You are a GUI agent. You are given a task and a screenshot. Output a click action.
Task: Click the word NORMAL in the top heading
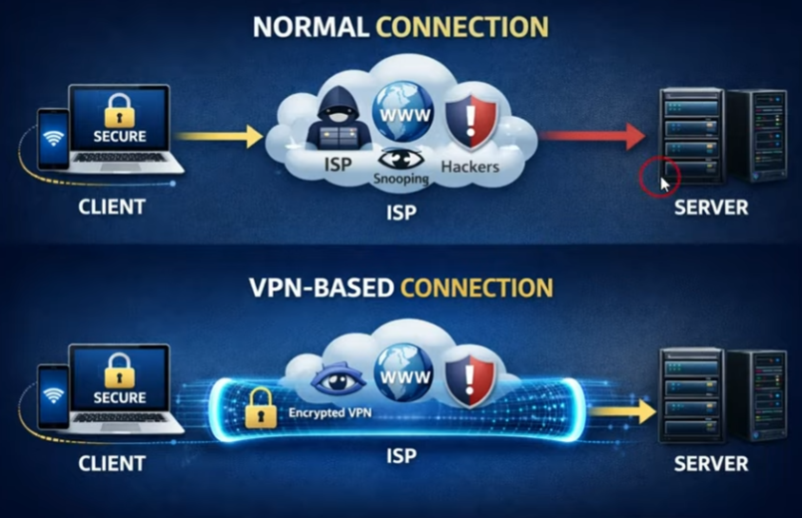311,27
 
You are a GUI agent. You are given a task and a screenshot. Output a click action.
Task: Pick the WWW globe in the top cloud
402,114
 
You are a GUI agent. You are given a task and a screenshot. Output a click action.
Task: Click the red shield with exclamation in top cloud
472,122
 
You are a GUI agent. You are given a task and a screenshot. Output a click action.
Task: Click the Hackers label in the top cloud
470,166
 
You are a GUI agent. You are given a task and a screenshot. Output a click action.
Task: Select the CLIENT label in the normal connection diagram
112,206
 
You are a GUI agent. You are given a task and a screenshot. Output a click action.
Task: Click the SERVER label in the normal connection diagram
711,207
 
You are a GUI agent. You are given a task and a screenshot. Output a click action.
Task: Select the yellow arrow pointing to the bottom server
623,411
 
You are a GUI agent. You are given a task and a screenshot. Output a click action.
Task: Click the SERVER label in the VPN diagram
711,465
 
